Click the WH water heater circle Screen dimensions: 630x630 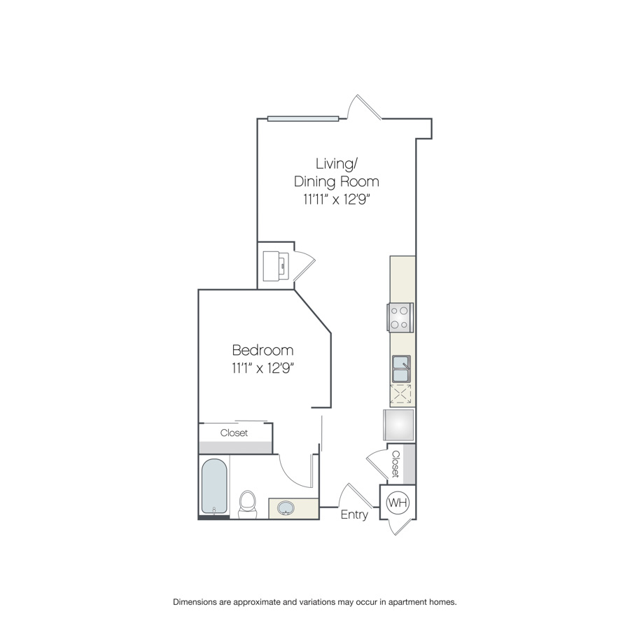point(398,502)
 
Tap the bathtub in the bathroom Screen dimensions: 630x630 point(214,486)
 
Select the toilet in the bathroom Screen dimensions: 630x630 point(247,504)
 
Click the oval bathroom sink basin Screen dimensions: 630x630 point(286,508)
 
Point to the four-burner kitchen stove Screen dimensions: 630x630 point(400,317)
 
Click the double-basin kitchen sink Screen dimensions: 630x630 point(401,368)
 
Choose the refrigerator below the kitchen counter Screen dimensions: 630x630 point(399,425)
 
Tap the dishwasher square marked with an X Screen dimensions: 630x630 point(400,393)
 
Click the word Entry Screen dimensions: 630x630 point(354,515)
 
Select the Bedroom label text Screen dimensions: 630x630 point(262,350)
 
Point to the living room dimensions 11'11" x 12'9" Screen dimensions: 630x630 point(336,199)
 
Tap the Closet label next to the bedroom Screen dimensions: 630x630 point(234,433)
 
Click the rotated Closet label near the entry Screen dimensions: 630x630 point(396,464)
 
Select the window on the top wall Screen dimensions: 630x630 point(303,118)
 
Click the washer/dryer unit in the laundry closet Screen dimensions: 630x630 point(276,266)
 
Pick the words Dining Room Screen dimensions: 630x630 point(336,181)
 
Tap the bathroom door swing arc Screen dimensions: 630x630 point(289,471)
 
